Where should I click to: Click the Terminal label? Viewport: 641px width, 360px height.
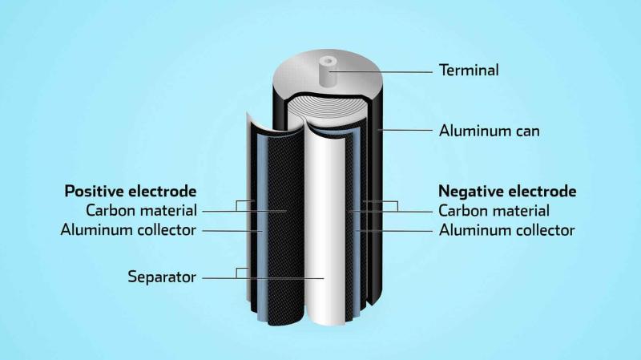coord(469,70)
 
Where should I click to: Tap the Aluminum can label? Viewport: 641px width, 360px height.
coord(490,131)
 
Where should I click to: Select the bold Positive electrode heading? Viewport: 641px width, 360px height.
coord(131,191)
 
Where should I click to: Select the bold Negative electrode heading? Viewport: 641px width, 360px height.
coord(507,191)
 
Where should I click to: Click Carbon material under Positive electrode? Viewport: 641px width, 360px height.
coord(142,211)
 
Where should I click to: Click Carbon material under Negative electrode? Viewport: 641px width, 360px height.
coord(494,211)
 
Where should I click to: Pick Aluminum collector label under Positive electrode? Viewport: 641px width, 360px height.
coord(128,230)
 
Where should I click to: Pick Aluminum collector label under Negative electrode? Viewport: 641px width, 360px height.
coord(507,230)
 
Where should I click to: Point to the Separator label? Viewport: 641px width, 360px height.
coord(162,277)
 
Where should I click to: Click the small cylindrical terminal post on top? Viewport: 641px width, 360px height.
coord(328,72)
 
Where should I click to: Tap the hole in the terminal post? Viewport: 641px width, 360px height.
coord(328,62)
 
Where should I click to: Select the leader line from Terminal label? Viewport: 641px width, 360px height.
coord(381,71)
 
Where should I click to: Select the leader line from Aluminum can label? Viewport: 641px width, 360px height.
coord(405,131)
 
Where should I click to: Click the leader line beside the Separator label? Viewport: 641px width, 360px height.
coord(264,278)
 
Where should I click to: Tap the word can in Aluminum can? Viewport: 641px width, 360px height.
coord(527,131)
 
